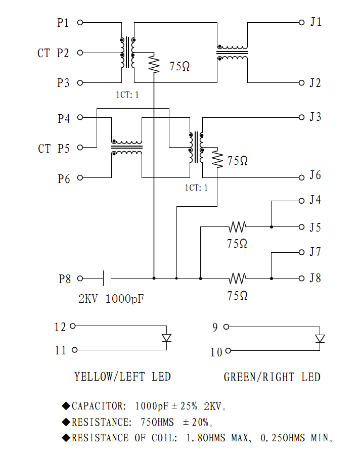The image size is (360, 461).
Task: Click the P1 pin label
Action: tap(63, 23)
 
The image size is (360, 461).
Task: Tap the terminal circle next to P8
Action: tap(80, 278)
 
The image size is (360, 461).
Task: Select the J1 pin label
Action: tap(316, 22)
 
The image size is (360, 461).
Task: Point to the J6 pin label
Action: tap(316, 176)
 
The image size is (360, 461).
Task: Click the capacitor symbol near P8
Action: tap(107, 278)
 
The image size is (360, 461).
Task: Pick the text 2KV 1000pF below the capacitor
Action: tap(111, 299)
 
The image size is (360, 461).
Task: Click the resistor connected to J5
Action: tap(238, 227)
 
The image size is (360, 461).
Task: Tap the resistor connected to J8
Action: tap(238, 278)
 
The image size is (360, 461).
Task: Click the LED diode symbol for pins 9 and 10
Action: tap(320, 339)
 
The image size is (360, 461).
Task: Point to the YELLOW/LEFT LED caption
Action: tap(122, 377)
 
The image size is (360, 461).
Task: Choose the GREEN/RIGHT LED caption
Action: tap(272, 377)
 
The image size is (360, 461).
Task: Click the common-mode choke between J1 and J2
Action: tap(233, 52)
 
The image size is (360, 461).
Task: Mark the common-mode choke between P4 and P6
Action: tap(126, 148)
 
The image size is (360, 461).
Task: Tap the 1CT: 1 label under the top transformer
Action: tap(127, 94)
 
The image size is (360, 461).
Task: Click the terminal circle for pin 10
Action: tap(229, 351)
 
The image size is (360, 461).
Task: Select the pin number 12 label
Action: tap(60, 327)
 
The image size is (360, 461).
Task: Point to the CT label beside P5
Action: tap(44, 149)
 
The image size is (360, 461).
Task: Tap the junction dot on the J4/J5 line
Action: tap(272, 227)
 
